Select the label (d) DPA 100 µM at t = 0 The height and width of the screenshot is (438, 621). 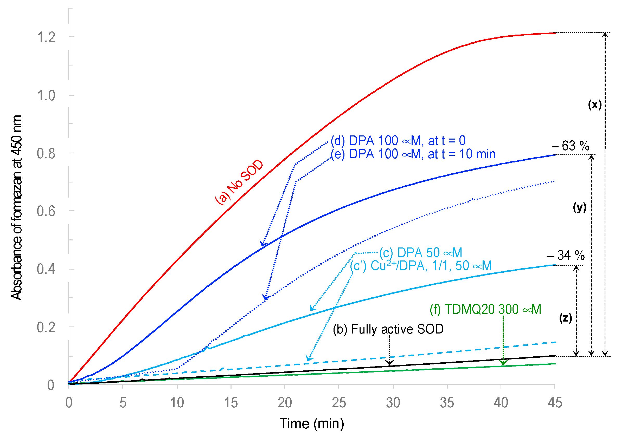398,141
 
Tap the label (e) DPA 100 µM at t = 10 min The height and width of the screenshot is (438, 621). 413,154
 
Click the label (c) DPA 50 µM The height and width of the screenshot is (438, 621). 421,253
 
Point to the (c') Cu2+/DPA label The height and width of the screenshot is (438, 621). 421,266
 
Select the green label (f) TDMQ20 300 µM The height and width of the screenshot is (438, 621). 485,309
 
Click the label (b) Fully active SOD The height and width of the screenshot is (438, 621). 388,329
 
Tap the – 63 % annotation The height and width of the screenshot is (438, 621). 571,146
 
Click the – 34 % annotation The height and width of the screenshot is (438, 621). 566,255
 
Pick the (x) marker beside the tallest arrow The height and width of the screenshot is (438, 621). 594,104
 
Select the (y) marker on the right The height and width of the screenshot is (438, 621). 580,207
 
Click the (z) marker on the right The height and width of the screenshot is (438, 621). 565,318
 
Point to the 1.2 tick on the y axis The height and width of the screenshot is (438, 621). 46,37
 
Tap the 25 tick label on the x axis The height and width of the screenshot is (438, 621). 339,403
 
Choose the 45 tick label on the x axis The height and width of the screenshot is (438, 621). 555,403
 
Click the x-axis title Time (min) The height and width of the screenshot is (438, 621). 312,423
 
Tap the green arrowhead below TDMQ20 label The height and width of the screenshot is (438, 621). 503,362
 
